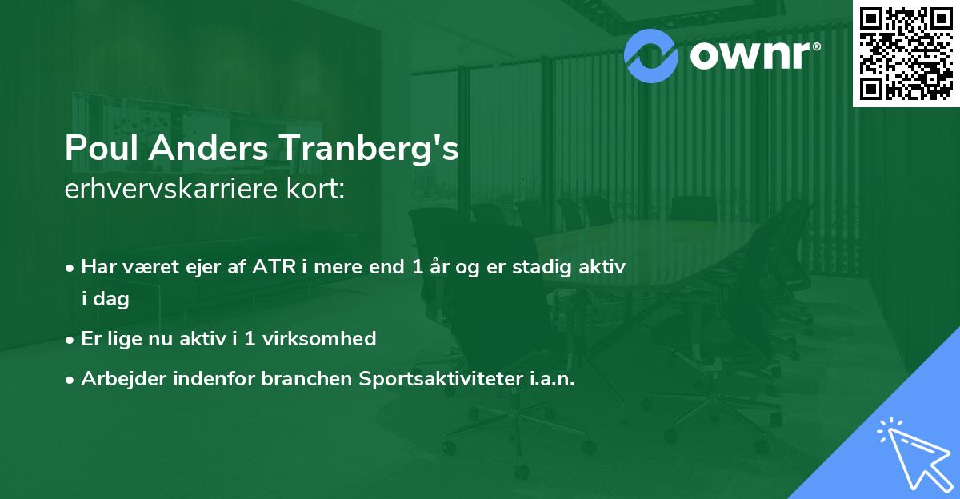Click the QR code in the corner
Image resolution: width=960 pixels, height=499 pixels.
906,54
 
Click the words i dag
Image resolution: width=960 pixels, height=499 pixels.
105,300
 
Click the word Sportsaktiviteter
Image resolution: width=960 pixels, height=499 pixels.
442,379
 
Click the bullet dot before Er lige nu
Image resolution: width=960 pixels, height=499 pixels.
71,340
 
